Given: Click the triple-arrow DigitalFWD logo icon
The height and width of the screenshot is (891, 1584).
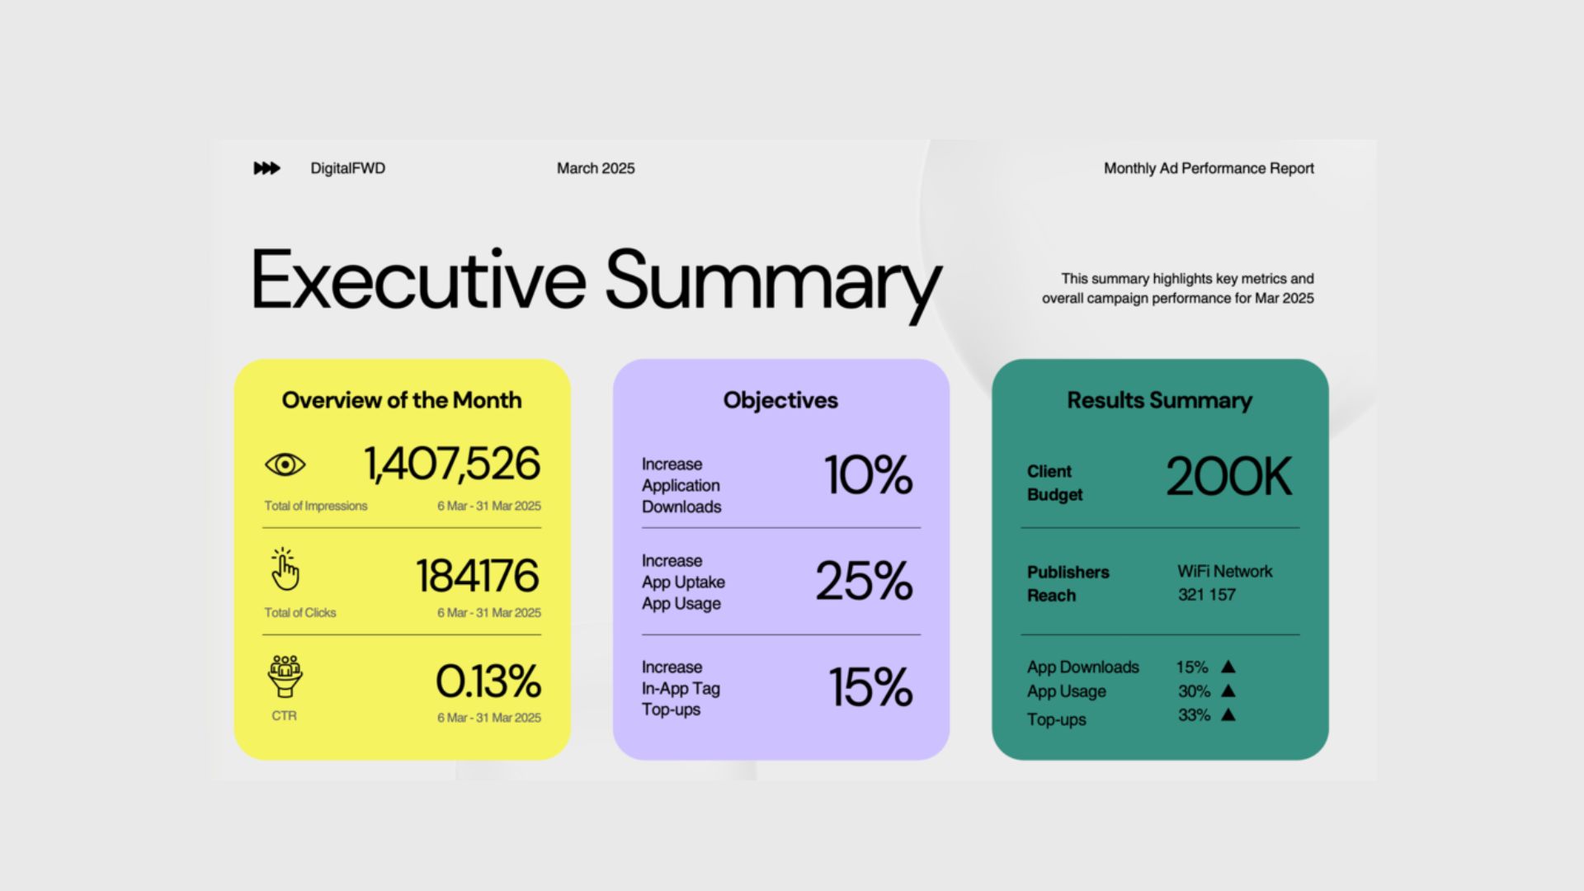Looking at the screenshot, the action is pyautogui.click(x=266, y=168).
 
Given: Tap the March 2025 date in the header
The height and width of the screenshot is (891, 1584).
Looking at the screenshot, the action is pyautogui.click(x=596, y=168).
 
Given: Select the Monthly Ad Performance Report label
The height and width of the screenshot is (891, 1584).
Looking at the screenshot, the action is pyautogui.click(x=1209, y=168).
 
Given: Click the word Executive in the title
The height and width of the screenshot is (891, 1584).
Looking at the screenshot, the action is pyautogui.click(x=418, y=280).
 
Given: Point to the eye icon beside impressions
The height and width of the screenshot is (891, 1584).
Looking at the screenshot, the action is pyautogui.click(x=285, y=464).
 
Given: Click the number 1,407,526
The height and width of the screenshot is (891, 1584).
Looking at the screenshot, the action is pyautogui.click(x=452, y=464).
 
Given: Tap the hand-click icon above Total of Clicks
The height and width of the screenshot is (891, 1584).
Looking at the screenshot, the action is pyautogui.click(x=285, y=569).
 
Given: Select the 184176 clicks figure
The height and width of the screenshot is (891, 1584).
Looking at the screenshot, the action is pyautogui.click(x=478, y=576).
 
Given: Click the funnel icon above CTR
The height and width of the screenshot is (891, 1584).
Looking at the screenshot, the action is pyautogui.click(x=285, y=676).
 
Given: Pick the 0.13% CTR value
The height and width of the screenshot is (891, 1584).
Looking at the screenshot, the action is pyautogui.click(x=488, y=681).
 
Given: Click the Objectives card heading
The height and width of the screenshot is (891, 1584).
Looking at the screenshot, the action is pyautogui.click(x=780, y=401).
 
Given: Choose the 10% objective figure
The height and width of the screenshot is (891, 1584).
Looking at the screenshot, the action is pyautogui.click(x=869, y=475).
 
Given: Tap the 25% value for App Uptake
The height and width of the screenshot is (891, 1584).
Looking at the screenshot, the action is pyautogui.click(x=865, y=581).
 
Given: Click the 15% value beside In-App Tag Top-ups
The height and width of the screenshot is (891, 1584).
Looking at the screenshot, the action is pyautogui.click(x=871, y=687).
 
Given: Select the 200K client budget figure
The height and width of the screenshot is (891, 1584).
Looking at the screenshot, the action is pyautogui.click(x=1229, y=477).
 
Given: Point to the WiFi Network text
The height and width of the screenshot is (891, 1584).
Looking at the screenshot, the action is pyautogui.click(x=1225, y=571).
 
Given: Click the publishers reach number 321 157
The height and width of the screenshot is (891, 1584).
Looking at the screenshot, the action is pyautogui.click(x=1207, y=594).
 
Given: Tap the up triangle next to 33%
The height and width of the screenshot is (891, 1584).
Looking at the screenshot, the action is pyautogui.click(x=1228, y=714).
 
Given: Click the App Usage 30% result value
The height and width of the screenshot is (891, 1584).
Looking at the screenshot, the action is pyautogui.click(x=1194, y=691).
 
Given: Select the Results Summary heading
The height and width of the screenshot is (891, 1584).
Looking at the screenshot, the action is pyautogui.click(x=1160, y=400).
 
